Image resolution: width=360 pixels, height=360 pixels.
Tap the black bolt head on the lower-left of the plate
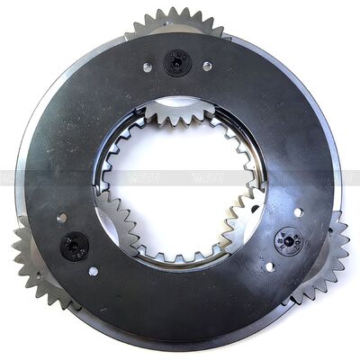[75, 244]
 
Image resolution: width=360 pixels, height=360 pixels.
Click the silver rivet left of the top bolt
[148, 67]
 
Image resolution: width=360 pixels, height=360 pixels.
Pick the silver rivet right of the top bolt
[206, 66]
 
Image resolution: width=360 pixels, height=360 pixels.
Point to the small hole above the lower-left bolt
[61, 218]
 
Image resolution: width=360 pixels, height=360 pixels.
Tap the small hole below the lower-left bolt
[94, 270]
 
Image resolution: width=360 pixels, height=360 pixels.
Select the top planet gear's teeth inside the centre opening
[180, 113]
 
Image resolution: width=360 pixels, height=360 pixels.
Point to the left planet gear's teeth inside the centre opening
[114, 221]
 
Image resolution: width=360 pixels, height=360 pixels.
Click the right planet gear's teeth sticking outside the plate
[329, 252]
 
